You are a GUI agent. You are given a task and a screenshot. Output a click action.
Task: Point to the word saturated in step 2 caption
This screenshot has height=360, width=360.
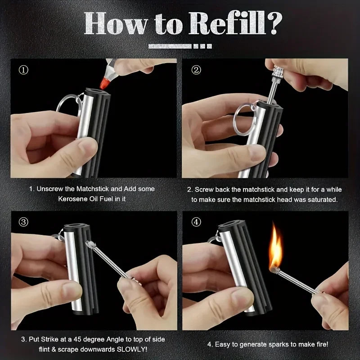pyautogui.click(x=319, y=198)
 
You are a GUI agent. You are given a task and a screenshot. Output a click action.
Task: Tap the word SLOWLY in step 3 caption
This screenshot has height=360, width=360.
pyautogui.click(x=134, y=350)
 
